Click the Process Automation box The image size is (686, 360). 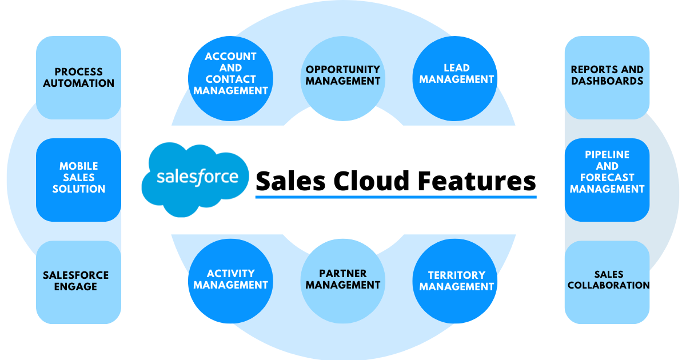[x=78, y=78]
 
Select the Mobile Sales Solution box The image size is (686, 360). [x=78, y=179]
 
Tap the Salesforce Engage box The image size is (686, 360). [x=78, y=282]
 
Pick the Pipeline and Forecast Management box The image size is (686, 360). [x=607, y=179]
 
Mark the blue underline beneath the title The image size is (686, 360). [x=396, y=197]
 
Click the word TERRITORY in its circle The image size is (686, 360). [x=456, y=274]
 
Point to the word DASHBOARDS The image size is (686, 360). [x=607, y=81]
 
